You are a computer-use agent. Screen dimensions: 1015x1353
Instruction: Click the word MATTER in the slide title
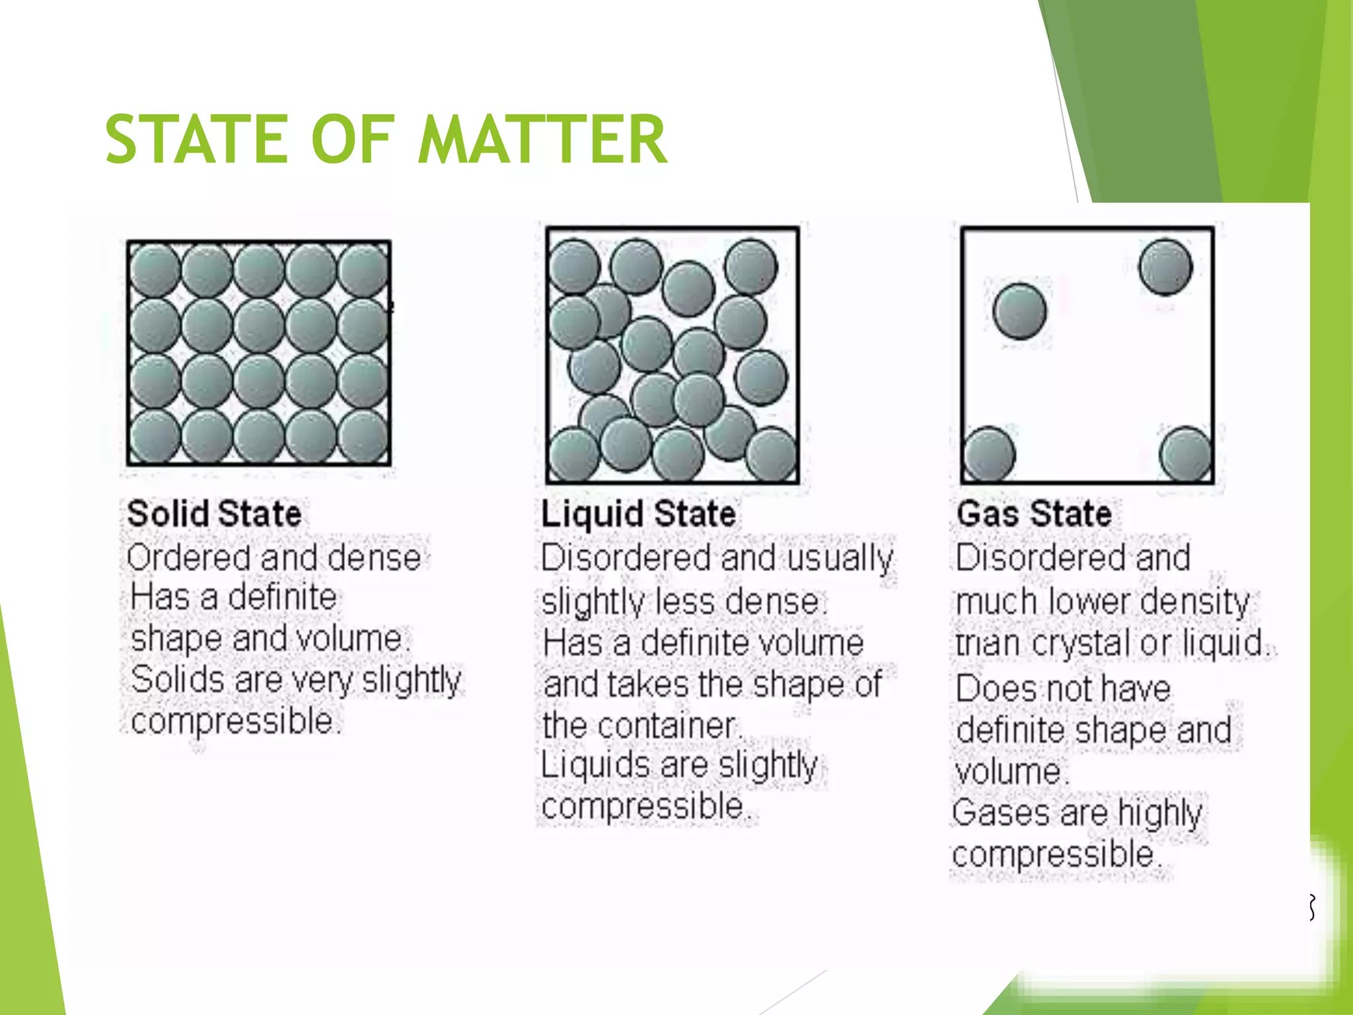tap(542, 139)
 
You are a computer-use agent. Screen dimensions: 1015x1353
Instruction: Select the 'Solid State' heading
tap(215, 514)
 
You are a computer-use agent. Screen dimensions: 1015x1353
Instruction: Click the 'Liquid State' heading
tap(638, 514)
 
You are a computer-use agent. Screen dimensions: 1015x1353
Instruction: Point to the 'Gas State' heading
tap(1034, 514)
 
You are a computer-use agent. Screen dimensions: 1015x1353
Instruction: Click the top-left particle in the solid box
tap(155, 270)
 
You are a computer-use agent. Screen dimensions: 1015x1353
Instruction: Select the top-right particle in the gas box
tap(1165, 266)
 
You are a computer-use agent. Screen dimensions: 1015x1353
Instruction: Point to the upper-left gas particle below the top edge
tap(1020, 311)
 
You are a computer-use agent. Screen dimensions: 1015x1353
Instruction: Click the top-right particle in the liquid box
tap(750, 266)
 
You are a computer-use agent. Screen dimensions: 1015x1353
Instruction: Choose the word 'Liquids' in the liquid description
tap(595, 765)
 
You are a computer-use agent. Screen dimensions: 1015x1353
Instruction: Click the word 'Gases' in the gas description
tap(1001, 813)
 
